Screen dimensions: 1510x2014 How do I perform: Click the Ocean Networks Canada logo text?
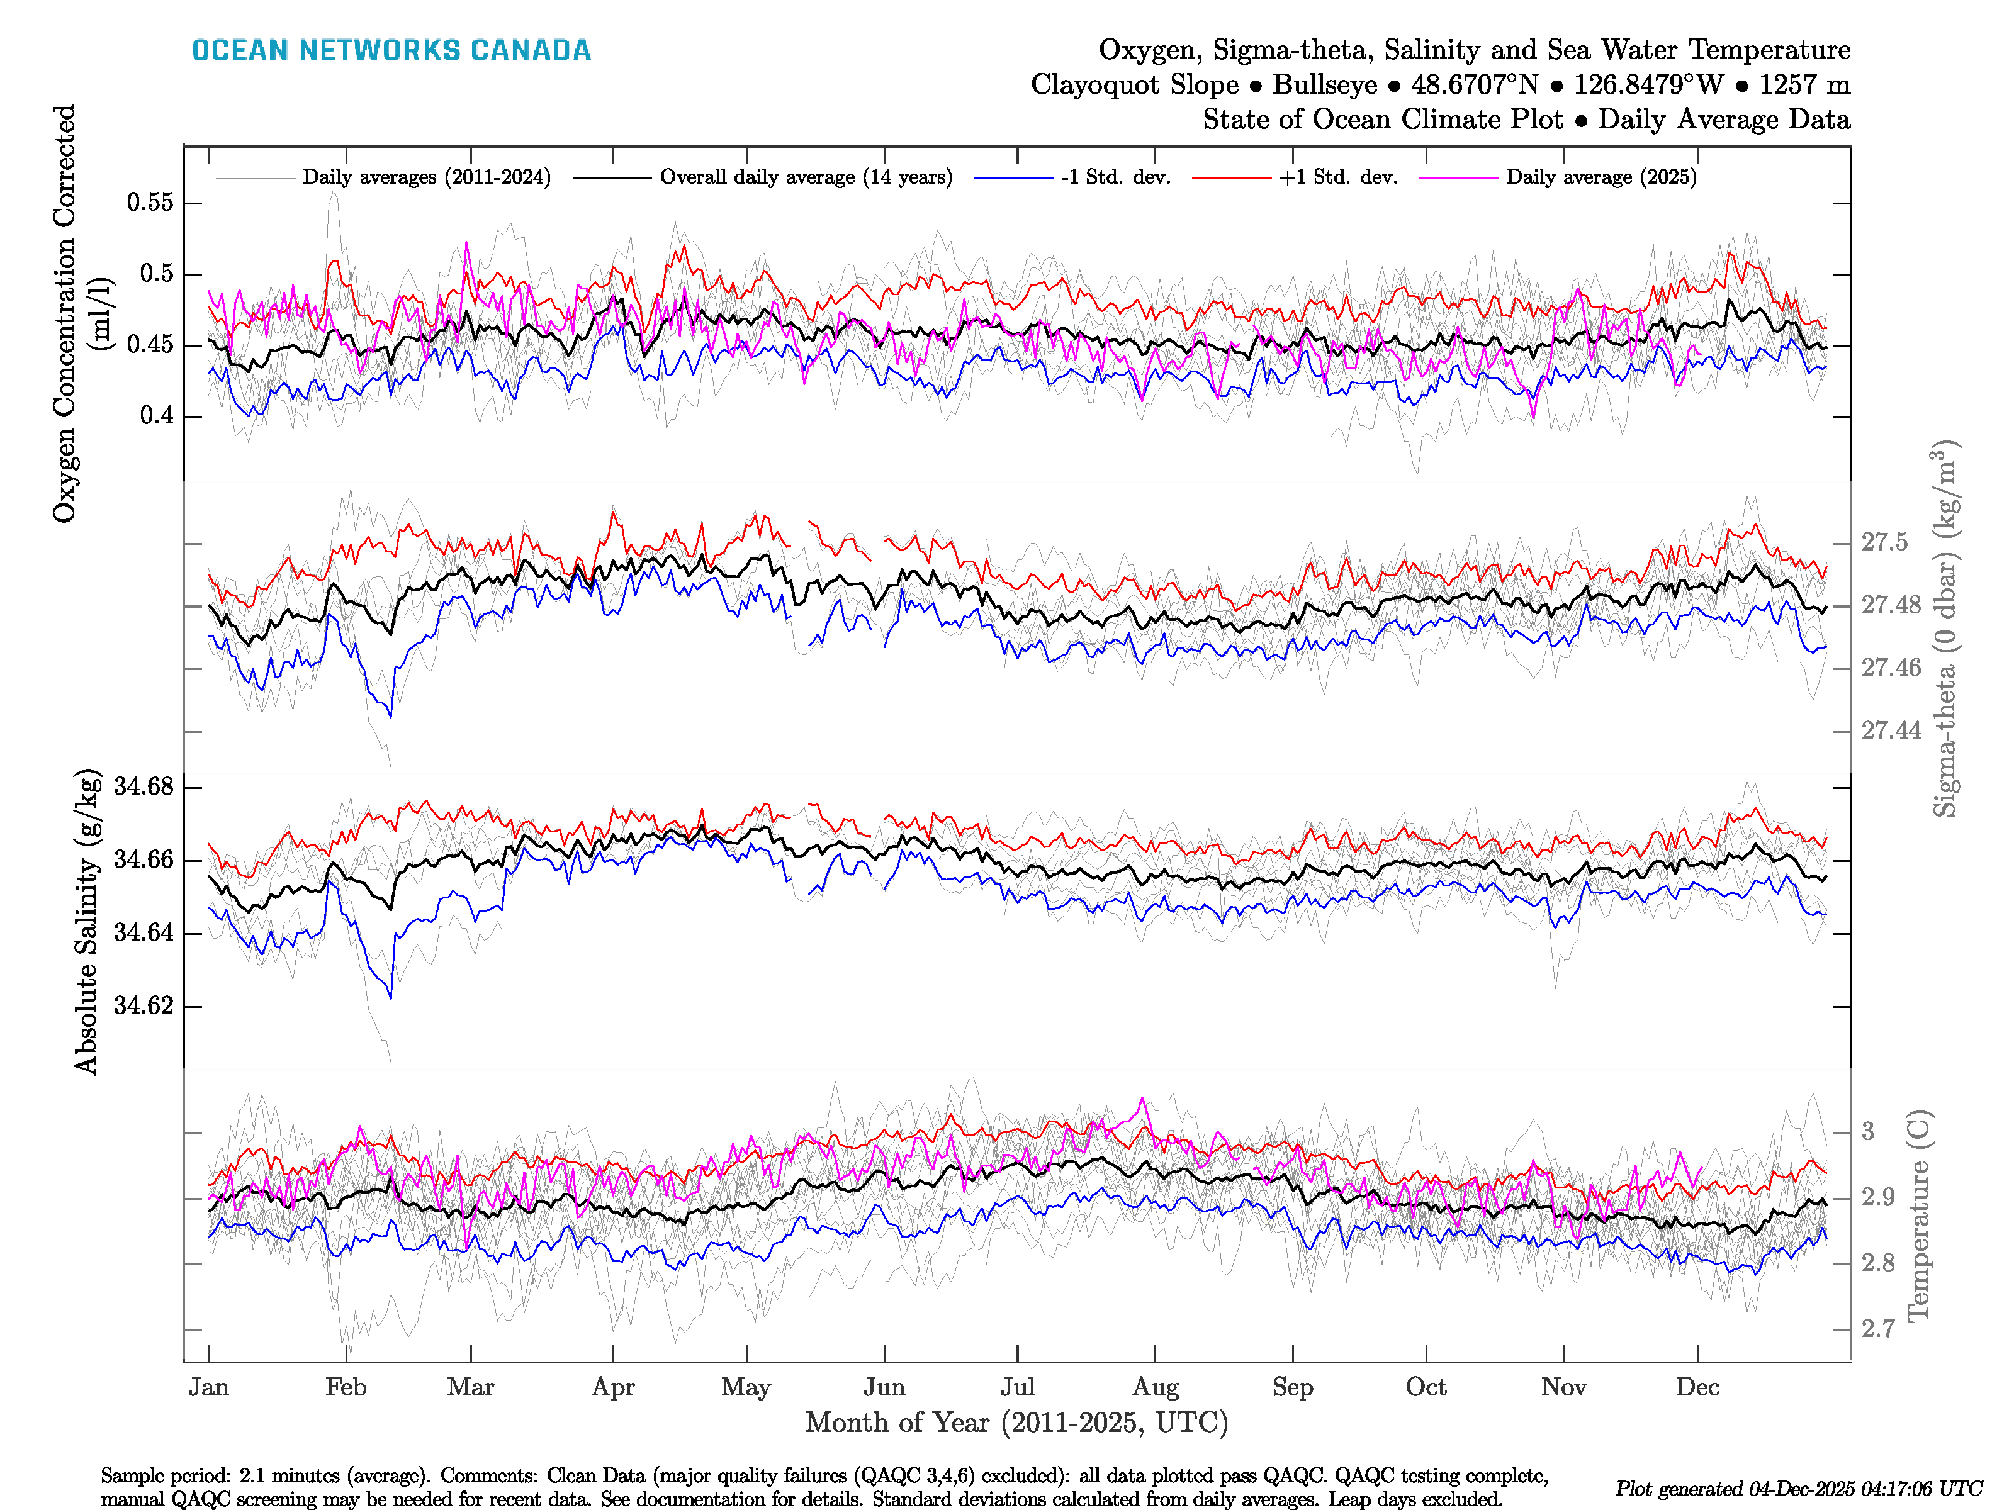391,50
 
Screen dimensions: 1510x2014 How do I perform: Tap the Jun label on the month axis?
884,1387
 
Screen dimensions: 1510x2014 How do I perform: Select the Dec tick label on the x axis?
1697,1387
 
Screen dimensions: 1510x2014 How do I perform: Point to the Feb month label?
346,1387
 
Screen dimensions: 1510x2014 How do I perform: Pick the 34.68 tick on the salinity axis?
143,786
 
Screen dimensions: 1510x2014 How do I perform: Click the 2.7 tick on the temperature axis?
1877,1329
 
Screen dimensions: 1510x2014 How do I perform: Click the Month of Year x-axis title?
1016,1423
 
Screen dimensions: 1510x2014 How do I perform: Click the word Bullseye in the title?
1325,85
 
